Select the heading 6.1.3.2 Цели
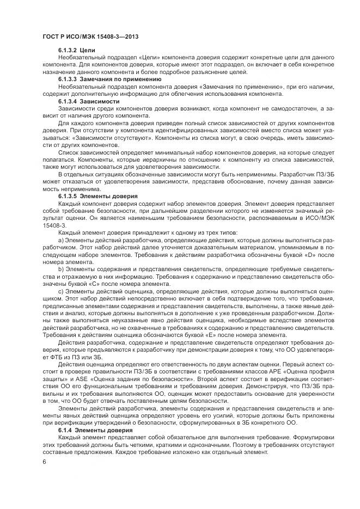point(76,50)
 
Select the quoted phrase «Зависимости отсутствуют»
point(89,138)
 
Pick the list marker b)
point(61,269)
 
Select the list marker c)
point(61,291)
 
